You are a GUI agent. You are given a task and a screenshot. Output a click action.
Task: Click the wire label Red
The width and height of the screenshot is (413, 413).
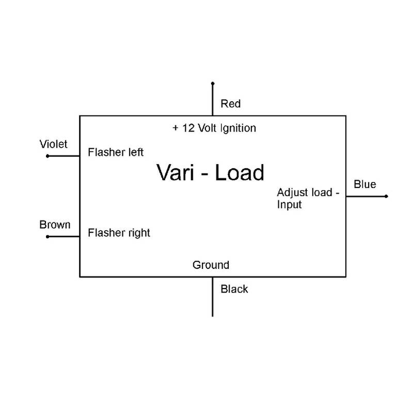pyautogui.click(x=230, y=104)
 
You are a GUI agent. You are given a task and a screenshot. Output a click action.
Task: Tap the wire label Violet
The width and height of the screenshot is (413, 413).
pyautogui.click(x=53, y=144)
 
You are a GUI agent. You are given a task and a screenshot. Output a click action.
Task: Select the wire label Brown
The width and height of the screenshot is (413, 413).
pyautogui.click(x=55, y=225)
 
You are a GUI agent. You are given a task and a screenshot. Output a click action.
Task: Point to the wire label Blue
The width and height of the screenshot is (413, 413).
pyautogui.click(x=365, y=184)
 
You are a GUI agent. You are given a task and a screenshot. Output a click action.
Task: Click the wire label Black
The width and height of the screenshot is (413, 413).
pyautogui.click(x=234, y=289)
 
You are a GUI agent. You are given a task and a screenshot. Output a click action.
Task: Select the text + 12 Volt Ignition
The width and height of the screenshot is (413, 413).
pyautogui.click(x=214, y=128)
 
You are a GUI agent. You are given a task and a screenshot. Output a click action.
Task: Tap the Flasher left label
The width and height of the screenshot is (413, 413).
pyautogui.click(x=116, y=153)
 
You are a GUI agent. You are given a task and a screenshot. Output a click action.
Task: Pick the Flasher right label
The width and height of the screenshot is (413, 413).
pyautogui.click(x=119, y=233)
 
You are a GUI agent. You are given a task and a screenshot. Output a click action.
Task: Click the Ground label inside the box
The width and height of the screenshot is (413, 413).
pyautogui.click(x=211, y=265)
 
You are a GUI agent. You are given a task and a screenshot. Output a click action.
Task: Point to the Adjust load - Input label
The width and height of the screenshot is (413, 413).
pyautogui.click(x=308, y=198)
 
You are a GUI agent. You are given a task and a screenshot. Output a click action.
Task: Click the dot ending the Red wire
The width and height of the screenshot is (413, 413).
pyautogui.click(x=212, y=83)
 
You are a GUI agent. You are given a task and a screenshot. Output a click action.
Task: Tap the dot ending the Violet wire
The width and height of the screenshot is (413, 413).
pyautogui.click(x=47, y=155)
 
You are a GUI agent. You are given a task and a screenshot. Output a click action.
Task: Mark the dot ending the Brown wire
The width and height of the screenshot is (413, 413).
pyautogui.click(x=47, y=237)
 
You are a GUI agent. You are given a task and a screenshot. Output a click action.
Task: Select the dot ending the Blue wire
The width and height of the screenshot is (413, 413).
pyautogui.click(x=387, y=196)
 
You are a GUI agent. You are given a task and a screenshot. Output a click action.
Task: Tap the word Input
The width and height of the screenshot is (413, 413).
pyautogui.click(x=289, y=205)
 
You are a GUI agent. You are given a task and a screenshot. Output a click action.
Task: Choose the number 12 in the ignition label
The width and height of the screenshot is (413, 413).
pyautogui.click(x=186, y=128)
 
